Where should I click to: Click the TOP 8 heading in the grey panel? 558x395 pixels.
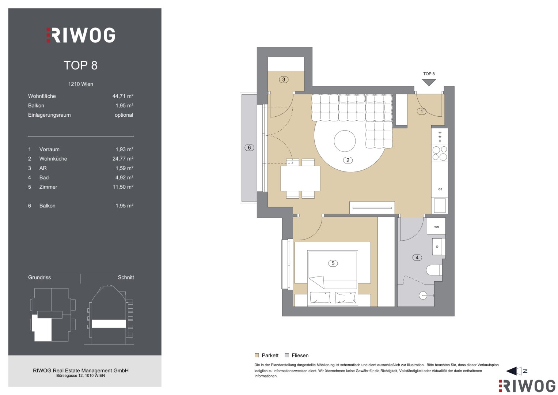[x=80, y=65]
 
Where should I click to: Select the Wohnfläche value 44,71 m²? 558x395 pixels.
[x=123, y=96]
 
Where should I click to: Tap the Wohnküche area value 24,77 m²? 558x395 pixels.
[x=123, y=159]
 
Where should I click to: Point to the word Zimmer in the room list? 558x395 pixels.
[x=48, y=187]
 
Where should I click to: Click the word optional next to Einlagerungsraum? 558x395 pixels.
[x=124, y=115]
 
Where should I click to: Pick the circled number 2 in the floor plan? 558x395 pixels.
[x=348, y=160]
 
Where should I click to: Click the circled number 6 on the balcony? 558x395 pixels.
[x=249, y=148]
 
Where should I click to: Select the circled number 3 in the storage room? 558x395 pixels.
[x=284, y=80]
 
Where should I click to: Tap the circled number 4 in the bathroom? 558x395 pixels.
[x=417, y=257]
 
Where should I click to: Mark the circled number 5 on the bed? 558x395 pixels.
[x=333, y=263]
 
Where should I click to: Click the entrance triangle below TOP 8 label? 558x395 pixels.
[x=429, y=82]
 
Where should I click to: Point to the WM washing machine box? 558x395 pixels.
[x=436, y=226]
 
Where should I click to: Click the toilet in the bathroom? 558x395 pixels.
[x=434, y=270]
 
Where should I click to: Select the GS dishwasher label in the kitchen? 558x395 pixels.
[x=440, y=189]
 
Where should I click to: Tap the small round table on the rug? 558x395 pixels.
[x=345, y=141]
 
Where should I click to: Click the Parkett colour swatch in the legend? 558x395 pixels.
[x=257, y=355]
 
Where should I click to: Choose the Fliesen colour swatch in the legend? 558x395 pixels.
[x=287, y=355]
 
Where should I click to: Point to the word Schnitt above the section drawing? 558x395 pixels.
[x=126, y=277]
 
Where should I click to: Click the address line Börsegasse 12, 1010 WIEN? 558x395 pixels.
[x=80, y=376]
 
